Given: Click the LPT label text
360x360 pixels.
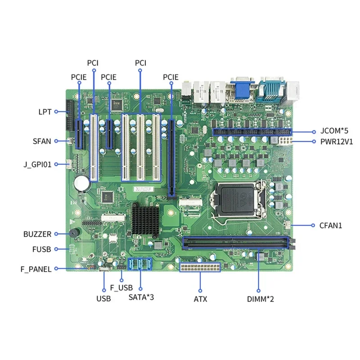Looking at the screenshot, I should point(45,111).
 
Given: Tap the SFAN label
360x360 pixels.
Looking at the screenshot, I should point(42,141).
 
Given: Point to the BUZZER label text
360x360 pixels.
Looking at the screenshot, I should point(37,234).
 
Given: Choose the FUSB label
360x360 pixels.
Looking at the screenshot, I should point(42,249).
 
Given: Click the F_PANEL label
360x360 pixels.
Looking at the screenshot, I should point(36,269).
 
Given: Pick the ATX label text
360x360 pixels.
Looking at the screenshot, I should point(200,299).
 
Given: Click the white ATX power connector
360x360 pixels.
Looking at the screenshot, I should point(200,267).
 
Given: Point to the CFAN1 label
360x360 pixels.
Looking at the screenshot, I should point(331,225).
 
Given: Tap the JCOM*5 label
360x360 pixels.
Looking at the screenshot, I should point(334,132).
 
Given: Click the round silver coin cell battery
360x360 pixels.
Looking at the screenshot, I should point(82,181).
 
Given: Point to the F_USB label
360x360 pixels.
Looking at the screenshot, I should point(121,287).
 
